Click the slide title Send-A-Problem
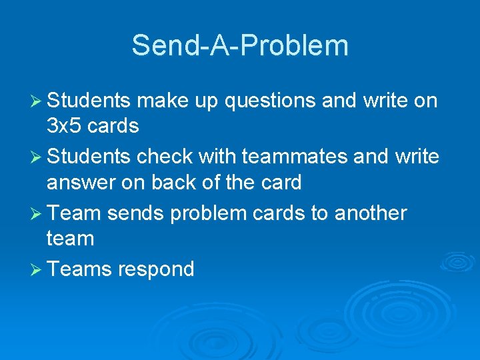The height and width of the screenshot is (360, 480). [240, 45]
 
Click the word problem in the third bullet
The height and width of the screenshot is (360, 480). [199, 213]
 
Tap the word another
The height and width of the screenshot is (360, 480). [371, 213]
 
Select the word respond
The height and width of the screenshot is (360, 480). [156, 269]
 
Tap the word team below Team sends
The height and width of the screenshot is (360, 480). [70, 238]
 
